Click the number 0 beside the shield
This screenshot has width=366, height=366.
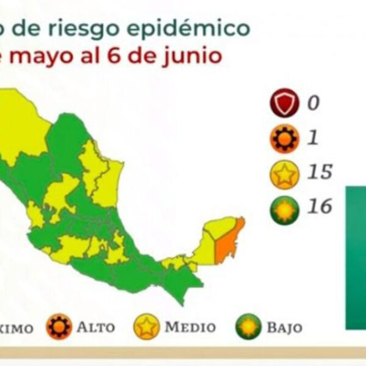click(313, 102)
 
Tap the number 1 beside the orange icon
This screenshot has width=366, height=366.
click(312, 138)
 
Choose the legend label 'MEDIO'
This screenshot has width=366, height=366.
click(190, 327)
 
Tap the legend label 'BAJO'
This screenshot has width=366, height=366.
click(284, 327)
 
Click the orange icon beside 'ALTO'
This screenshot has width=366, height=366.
click(59, 327)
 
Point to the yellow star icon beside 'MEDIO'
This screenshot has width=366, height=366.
click(147, 327)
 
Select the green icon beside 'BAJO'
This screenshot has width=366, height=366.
click(249, 327)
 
